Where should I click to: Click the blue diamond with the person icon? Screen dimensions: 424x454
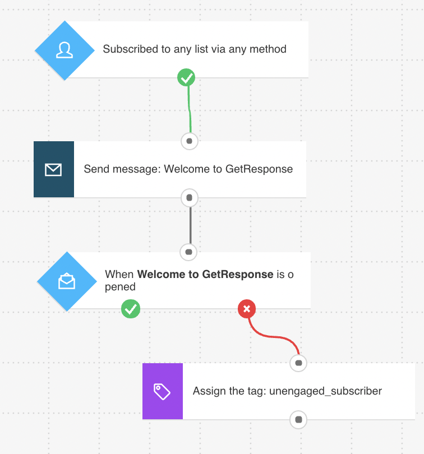tap(64, 50)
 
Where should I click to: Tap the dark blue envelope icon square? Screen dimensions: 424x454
tap(54, 169)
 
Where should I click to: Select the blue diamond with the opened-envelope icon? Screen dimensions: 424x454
tap(67, 281)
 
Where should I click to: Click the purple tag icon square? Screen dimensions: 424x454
tap(163, 391)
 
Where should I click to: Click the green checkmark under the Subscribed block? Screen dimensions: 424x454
tap(186, 77)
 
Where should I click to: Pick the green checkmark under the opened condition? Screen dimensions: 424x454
tap(131, 309)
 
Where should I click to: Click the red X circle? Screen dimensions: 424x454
tap(247, 309)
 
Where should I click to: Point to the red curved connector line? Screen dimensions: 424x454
tap(273, 336)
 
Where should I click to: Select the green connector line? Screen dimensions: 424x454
tap(189, 109)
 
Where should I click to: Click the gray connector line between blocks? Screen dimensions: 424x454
tap(191, 225)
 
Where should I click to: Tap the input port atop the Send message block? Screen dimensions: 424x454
tap(189, 141)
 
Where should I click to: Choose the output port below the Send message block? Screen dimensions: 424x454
tap(189, 198)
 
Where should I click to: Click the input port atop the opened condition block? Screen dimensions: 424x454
tap(188, 252)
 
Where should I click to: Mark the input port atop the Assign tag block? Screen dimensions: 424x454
tap(298, 363)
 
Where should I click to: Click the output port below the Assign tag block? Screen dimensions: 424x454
tap(298, 420)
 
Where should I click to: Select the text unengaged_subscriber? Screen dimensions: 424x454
tap(325, 391)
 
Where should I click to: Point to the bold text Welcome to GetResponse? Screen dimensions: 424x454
tap(205, 274)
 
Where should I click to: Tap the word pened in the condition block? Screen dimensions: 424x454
tap(120, 287)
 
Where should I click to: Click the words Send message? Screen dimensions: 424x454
tap(122, 169)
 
